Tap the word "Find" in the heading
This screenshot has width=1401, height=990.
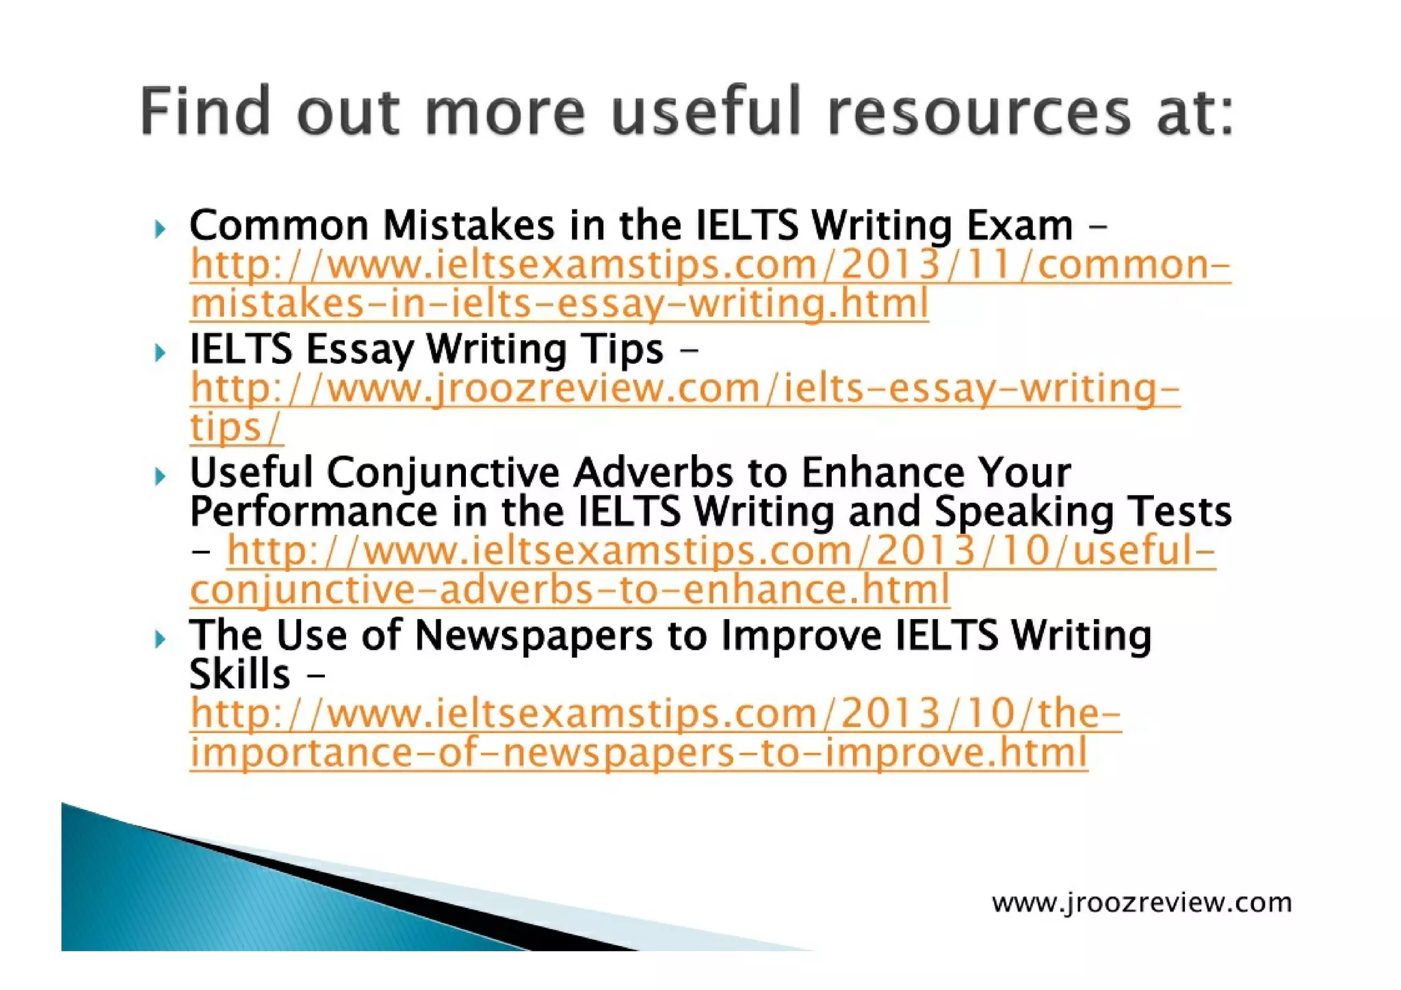click(205, 111)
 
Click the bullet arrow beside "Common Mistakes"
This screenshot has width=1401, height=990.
click(160, 229)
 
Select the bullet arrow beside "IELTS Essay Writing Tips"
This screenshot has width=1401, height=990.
click(160, 353)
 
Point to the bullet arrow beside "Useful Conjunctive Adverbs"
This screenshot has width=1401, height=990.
click(160, 476)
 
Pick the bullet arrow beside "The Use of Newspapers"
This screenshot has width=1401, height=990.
click(160, 640)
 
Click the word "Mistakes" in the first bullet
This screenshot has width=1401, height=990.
click(468, 225)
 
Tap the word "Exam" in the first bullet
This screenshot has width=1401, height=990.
click(1019, 225)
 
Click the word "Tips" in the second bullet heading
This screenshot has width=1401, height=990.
click(622, 350)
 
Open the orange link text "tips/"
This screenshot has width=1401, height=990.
click(235, 428)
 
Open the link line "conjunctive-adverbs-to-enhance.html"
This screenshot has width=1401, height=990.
click(569, 590)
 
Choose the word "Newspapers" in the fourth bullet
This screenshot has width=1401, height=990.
click(534, 636)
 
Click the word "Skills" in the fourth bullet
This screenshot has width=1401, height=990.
click(239, 675)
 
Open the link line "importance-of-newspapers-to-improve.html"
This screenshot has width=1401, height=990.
click(638, 753)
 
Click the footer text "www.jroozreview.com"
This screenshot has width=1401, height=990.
click(1141, 903)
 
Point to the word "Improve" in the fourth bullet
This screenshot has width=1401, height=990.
click(801, 636)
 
